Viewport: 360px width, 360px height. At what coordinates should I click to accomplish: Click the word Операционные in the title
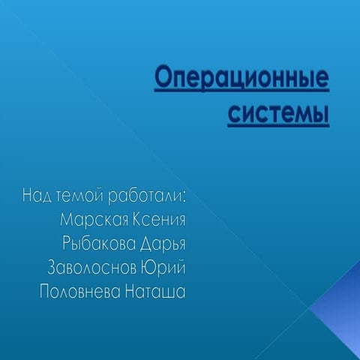[x=242, y=79]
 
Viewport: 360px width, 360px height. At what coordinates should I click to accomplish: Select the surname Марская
[x=93, y=220]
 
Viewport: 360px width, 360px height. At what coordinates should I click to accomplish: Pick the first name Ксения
[x=159, y=220]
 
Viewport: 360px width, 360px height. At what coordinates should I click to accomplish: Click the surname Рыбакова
[x=98, y=244]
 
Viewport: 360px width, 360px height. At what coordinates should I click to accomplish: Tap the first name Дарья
[x=161, y=244]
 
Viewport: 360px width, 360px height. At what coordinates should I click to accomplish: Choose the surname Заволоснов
[x=91, y=268]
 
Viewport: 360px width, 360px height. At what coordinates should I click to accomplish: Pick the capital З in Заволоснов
[x=52, y=268]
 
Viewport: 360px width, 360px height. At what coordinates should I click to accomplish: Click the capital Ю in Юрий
[x=148, y=268]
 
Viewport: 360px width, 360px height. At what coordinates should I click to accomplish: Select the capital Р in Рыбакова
[x=67, y=244]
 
